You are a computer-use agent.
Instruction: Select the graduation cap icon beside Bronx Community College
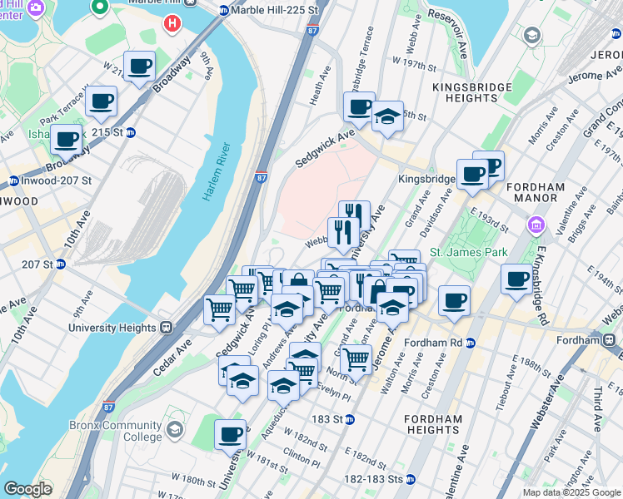[175, 430]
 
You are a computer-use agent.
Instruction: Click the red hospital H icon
[172, 23]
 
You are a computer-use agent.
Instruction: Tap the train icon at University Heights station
[166, 328]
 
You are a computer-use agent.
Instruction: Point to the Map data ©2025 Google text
[571, 492]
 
